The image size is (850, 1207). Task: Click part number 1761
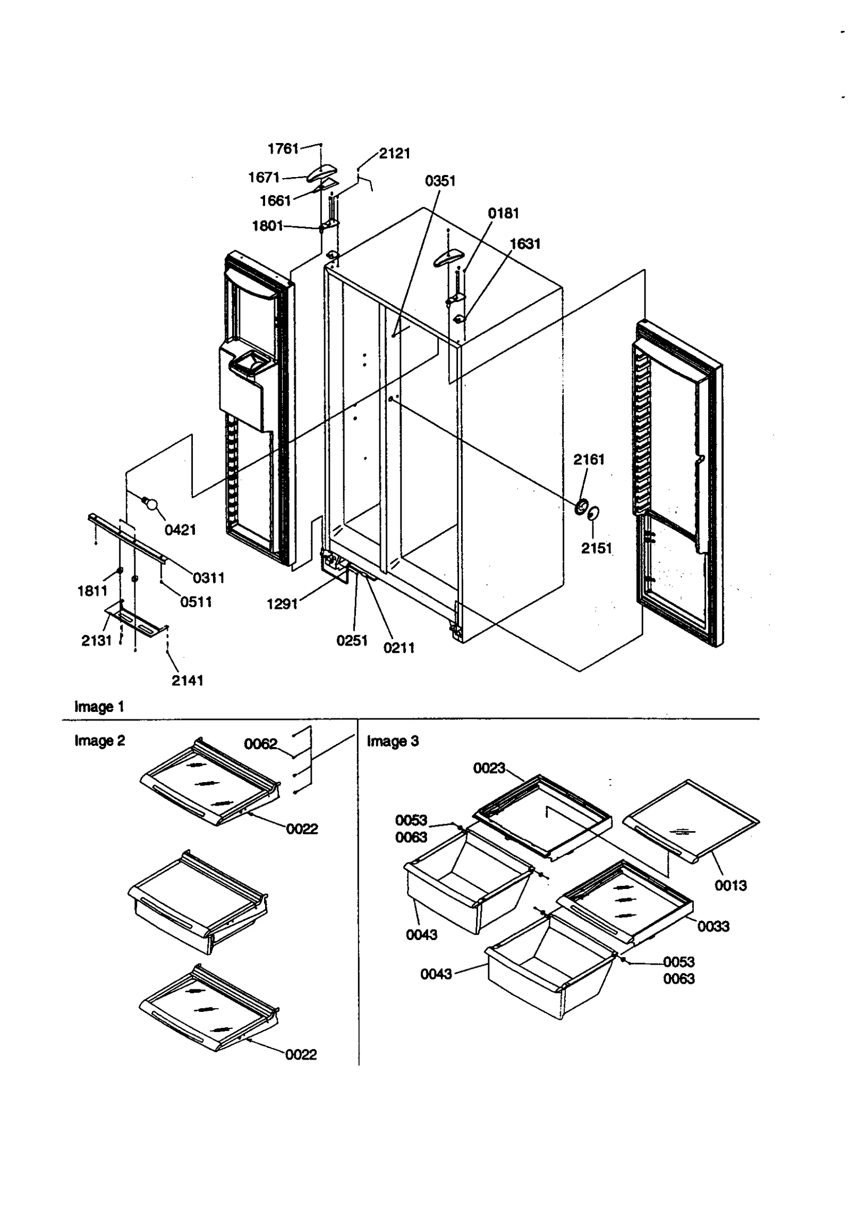tap(283, 148)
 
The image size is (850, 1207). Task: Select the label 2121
tap(394, 154)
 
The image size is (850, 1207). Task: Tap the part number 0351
tap(440, 181)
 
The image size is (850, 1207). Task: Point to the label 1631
tap(525, 244)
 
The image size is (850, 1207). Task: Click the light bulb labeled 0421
tap(151, 504)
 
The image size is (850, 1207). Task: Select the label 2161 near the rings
tap(589, 459)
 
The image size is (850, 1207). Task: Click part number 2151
tap(596, 548)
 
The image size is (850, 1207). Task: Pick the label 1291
tap(282, 604)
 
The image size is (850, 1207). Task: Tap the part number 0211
tap(398, 648)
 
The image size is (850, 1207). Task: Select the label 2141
tap(188, 680)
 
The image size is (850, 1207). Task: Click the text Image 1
tap(99, 707)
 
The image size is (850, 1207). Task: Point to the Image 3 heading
tap(393, 741)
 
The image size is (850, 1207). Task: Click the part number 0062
tap(260, 744)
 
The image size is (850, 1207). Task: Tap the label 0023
tap(489, 768)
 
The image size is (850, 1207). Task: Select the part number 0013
tap(730, 885)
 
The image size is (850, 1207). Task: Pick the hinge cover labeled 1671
tap(323, 173)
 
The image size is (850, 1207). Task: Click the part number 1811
tap(92, 591)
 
